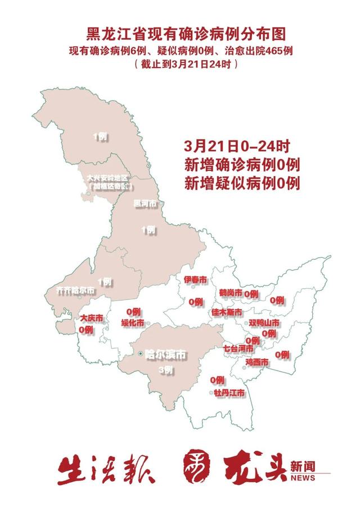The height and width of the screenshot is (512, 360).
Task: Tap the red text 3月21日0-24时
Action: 236,147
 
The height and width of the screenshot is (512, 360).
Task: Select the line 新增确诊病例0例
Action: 242,165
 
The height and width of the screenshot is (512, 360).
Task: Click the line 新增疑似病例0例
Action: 242,182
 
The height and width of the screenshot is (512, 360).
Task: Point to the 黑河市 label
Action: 145,203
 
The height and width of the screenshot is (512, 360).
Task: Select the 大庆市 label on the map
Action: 91,318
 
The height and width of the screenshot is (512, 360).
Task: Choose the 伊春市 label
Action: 195,280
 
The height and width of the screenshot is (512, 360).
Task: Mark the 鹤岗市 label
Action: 231,293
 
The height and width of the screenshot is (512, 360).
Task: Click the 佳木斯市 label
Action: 227,312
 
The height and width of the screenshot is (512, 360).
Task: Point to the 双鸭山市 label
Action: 264,323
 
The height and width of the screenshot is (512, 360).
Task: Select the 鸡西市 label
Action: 256,362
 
